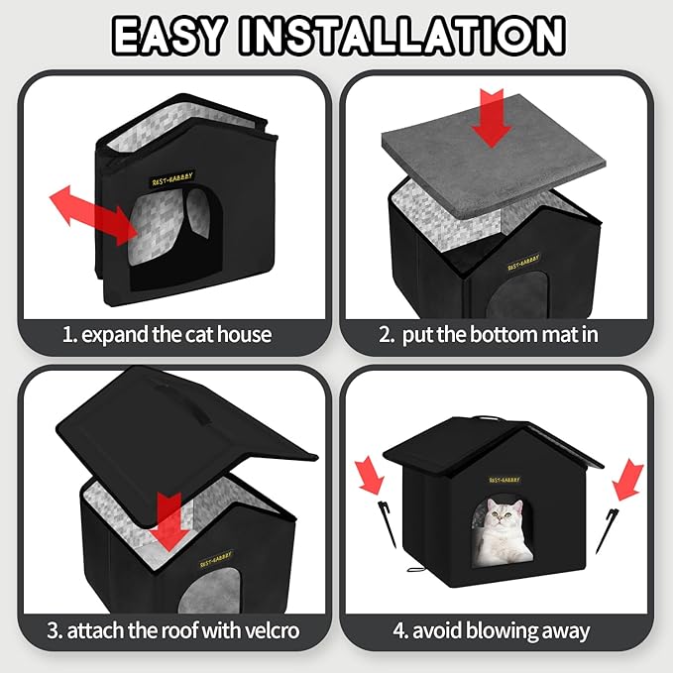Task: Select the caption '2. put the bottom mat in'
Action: tap(489, 334)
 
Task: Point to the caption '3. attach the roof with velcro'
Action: tap(173, 628)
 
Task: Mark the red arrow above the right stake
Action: tap(626, 482)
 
